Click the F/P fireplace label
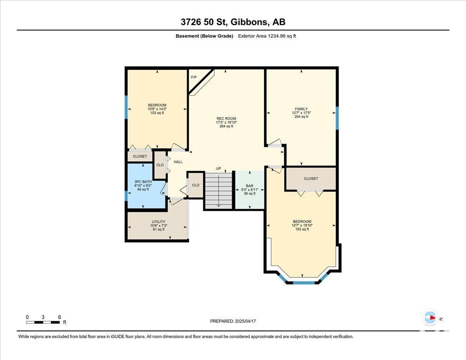(x=194, y=77)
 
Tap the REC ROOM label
(x=226, y=118)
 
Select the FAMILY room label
(x=301, y=109)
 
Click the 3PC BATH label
(x=143, y=182)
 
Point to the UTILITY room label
(x=158, y=222)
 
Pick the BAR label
(x=250, y=186)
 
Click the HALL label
(x=178, y=162)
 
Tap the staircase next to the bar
(x=219, y=190)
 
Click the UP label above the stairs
(x=218, y=169)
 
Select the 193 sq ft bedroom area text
(x=302, y=229)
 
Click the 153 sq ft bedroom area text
(x=157, y=113)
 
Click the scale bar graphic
(x=43, y=322)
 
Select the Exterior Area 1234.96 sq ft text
(x=267, y=36)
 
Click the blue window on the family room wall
(x=337, y=118)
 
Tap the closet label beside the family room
(x=311, y=179)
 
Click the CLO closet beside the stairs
(x=196, y=185)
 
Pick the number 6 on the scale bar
(x=60, y=317)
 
